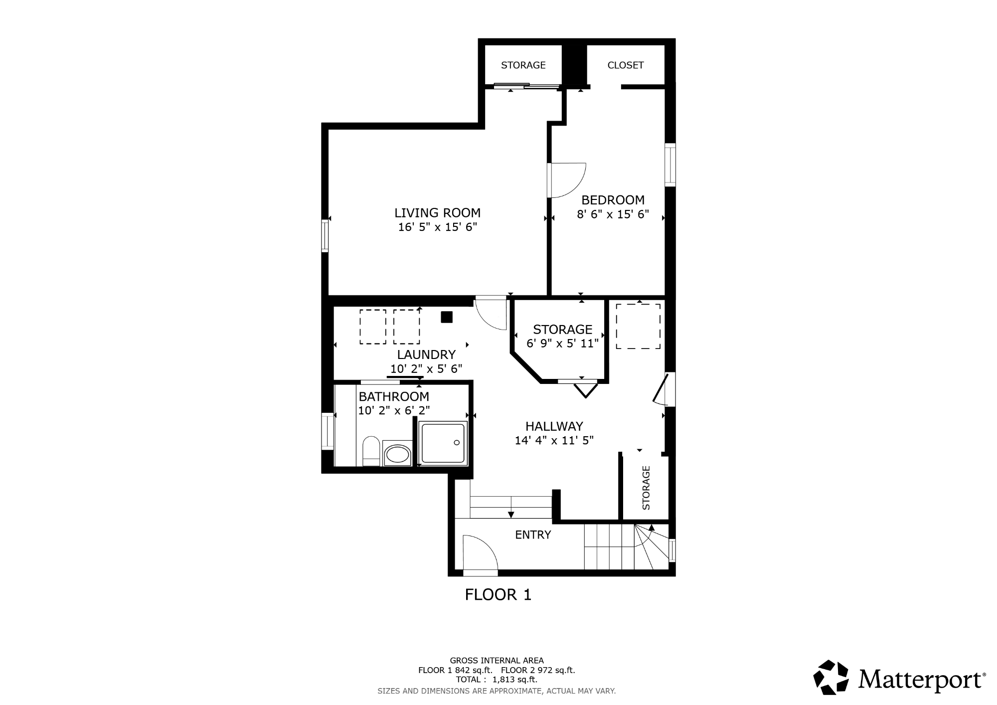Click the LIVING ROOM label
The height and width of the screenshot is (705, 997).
pos(438,213)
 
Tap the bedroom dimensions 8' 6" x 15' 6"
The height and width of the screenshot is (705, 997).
pos(613,214)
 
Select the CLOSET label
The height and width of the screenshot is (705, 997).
pos(626,65)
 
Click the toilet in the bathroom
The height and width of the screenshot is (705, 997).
pos(371,451)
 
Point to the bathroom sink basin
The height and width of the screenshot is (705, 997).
pos(397,454)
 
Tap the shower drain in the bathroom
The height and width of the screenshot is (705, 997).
pos(456,442)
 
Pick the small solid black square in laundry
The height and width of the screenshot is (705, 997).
pos(447,317)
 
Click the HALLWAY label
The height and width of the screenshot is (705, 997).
pos(554,426)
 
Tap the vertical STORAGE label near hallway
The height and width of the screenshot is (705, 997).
pos(646,488)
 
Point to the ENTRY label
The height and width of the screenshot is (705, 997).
pos(533,535)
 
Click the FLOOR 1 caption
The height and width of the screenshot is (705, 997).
pos(498,594)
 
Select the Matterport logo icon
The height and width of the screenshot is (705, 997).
pos(831,677)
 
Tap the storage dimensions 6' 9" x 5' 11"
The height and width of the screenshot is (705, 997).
pos(562,344)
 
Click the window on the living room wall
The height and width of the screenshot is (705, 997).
pos(325,235)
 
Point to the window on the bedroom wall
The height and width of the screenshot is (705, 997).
pos(670,165)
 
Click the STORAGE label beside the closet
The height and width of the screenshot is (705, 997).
pos(523,65)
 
